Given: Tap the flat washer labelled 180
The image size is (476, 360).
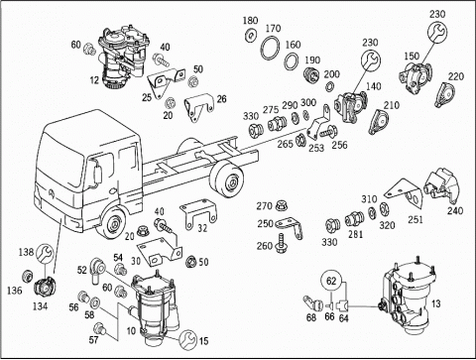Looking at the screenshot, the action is point(251,35).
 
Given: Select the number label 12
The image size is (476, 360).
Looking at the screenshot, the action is point(94,79).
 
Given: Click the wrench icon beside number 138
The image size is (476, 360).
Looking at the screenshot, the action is point(45,254).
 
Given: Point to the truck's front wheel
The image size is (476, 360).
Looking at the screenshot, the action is point(114,224).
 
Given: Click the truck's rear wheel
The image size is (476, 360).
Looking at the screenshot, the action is point(227,180).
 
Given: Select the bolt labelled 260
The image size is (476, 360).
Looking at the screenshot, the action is point(282,243).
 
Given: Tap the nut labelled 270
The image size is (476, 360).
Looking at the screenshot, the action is point(282,204).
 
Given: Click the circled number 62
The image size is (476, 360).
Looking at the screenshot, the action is point(331,281).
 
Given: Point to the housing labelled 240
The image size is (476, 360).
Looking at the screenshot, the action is point(442,186).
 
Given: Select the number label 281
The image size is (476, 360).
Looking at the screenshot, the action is point(355,234).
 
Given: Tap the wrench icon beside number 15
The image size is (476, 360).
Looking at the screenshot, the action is point(187,338).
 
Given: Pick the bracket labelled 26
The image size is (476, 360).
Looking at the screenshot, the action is point(198,107).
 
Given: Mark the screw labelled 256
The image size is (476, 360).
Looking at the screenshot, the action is point(328,132).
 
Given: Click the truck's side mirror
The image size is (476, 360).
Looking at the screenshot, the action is point(97,175).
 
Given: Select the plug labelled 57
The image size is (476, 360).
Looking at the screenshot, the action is point(99,329).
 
